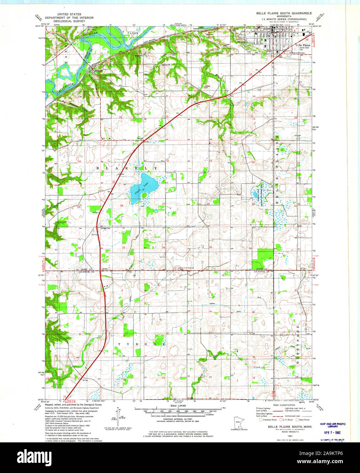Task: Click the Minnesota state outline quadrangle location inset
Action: (x=238, y=421)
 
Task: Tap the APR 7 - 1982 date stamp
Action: (x=332, y=433)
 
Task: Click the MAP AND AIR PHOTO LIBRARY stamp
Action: (x=332, y=425)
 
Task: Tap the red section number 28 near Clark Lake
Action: (x=121, y=206)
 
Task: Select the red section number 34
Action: (x=163, y=247)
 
